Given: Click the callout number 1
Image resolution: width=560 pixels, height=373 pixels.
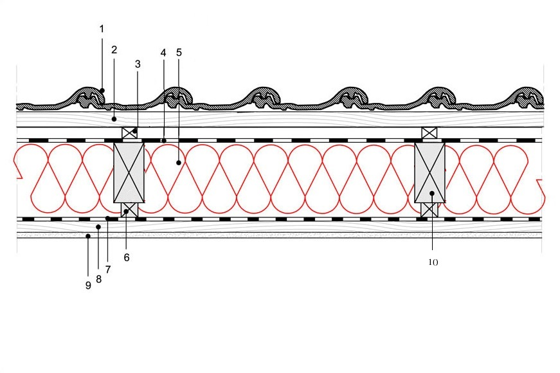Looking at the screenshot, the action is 102,29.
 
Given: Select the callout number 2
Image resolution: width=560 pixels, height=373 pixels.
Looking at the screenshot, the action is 114,50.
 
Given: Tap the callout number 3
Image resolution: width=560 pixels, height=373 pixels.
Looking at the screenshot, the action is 138,64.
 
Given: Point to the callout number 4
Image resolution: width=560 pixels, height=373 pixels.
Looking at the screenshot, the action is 163,53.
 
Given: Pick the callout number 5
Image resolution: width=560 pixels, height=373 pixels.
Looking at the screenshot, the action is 179,53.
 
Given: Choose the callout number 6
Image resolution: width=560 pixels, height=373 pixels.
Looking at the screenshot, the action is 127,258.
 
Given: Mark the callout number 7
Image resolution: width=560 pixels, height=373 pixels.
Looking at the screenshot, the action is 108,269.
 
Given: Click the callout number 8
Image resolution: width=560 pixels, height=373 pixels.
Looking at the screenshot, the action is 98,279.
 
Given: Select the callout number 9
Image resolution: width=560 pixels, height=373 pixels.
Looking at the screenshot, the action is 88,286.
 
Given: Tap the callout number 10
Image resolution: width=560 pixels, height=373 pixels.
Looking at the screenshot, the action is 433,262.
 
